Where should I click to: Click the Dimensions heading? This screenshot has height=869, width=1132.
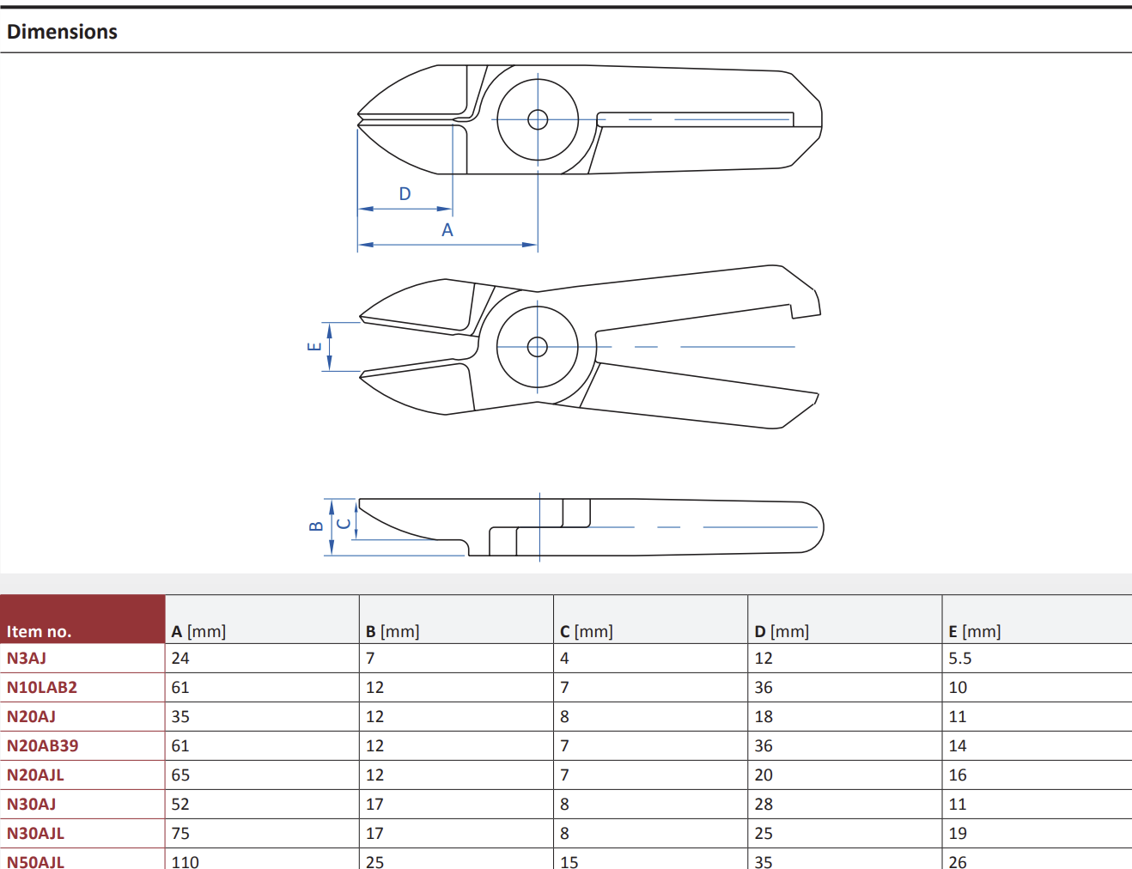pyautogui.click(x=62, y=32)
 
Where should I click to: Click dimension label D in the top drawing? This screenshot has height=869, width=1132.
pyautogui.click(x=405, y=194)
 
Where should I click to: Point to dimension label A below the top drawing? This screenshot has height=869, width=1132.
pyautogui.click(x=447, y=230)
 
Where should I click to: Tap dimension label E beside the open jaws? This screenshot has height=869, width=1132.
pyautogui.click(x=314, y=346)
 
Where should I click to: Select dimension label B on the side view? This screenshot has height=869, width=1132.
pyautogui.click(x=316, y=526)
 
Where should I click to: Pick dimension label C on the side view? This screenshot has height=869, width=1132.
pyautogui.click(x=344, y=523)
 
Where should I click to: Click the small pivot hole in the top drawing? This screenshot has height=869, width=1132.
pyautogui.click(x=538, y=119)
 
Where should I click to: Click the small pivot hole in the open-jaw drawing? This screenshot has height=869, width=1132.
pyautogui.click(x=537, y=347)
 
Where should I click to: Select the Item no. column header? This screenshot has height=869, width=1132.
pyautogui.click(x=39, y=632)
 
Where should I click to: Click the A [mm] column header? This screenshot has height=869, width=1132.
pyautogui.click(x=198, y=632)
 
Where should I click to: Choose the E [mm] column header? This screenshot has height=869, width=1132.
pyautogui.click(x=974, y=632)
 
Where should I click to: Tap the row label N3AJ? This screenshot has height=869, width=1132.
pyautogui.click(x=26, y=658)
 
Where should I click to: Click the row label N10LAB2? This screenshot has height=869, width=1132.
pyautogui.click(x=42, y=687)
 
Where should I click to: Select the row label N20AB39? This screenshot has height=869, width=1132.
pyautogui.click(x=42, y=745)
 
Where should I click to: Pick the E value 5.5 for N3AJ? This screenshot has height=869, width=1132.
pyautogui.click(x=959, y=658)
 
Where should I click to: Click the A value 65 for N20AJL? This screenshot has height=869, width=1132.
pyautogui.click(x=180, y=775)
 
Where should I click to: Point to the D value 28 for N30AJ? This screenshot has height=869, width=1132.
pyautogui.click(x=764, y=804)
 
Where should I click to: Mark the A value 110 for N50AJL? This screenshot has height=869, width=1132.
pyautogui.click(x=185, y=862)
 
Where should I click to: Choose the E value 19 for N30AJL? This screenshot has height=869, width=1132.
pyautogui.click(x=958, y=833)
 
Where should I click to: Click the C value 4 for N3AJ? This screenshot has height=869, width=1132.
pyautogui.click(x=564, y=658)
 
